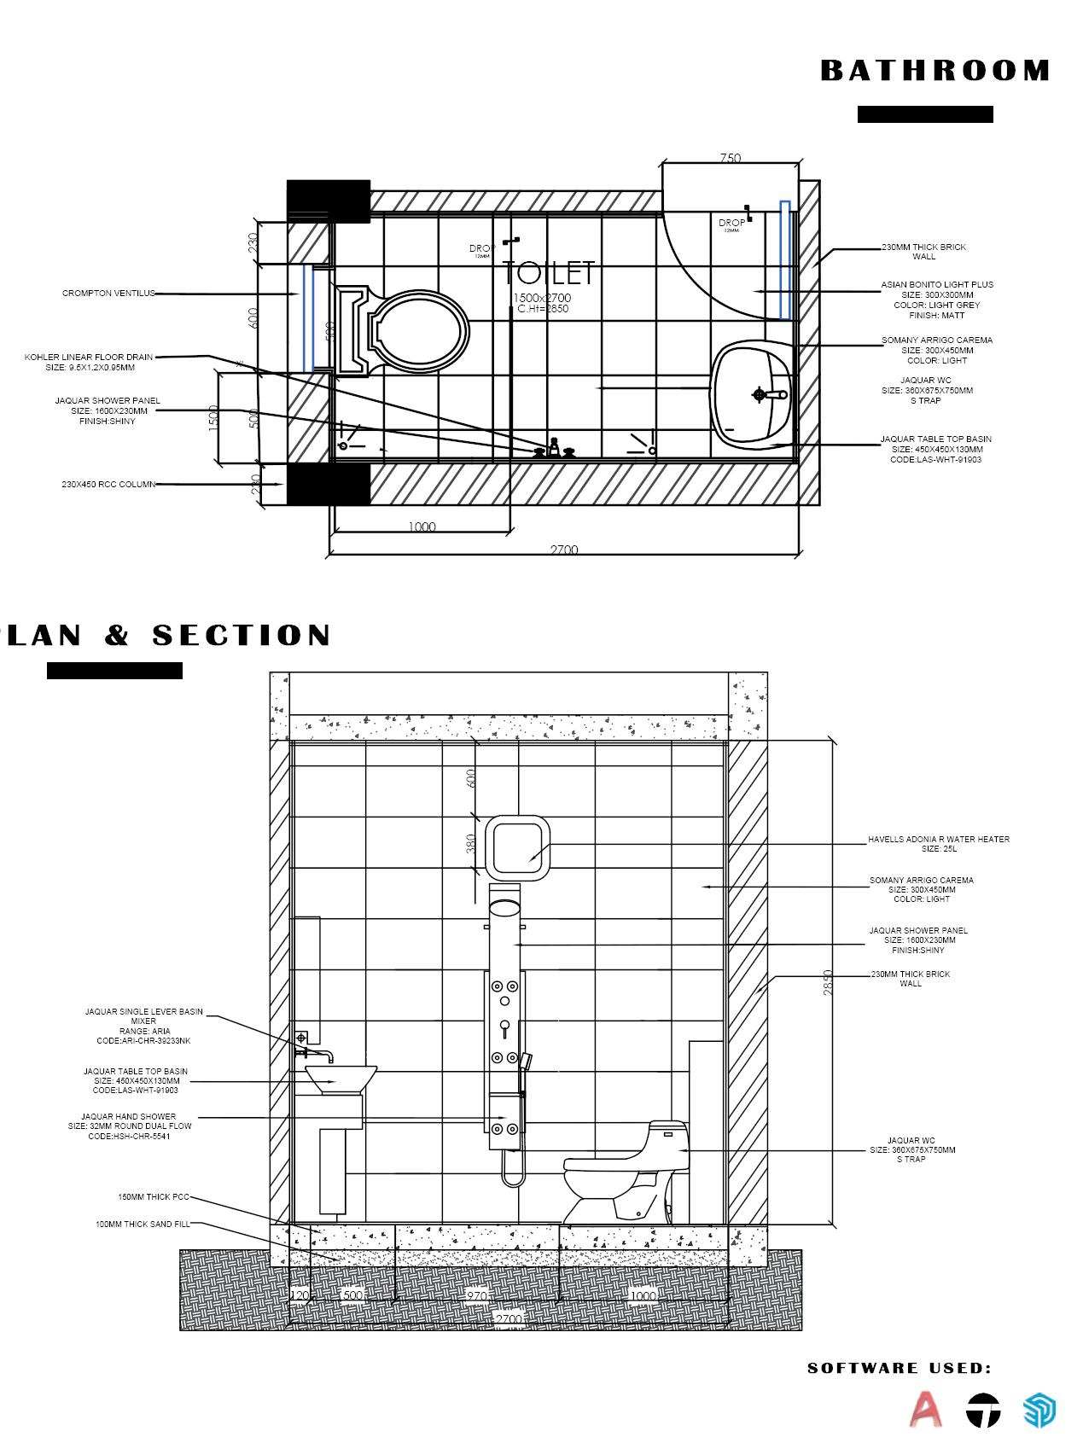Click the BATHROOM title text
pos(935,71)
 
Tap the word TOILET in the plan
pos(548,273)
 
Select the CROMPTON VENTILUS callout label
pos(108,294)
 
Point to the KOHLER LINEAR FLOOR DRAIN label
pos(89,358)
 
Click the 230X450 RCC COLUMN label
pos(108,485)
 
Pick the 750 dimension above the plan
pos(731,158)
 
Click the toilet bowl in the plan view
pos(422,331)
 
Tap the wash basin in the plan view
pos(751,394)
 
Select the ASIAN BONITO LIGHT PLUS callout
pos(937,285)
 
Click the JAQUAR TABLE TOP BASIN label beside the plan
pos(936,439)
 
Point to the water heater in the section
pos(517,847)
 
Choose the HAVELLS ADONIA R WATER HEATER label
pos(939,840)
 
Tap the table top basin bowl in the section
pos(341,1079)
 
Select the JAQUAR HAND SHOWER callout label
pos(129,1117)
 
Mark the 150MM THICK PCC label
pos(154,1197)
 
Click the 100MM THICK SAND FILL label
pos(143,1225)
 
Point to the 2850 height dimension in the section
pos(827,982)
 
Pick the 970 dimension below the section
pos(476,1296)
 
